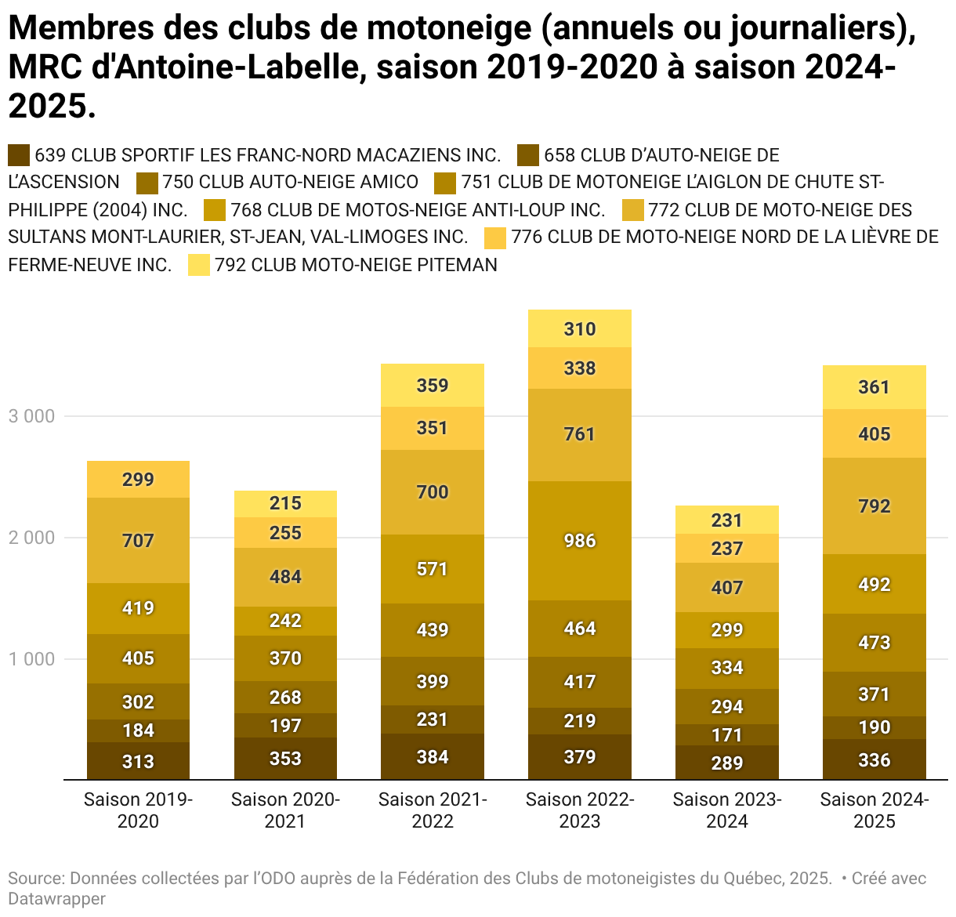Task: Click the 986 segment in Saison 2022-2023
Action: tap(580, 541)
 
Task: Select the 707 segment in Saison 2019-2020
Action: tap(138, 540)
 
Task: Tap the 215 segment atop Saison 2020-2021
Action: tap(285, 503)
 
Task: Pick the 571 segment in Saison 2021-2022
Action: tap(433, 569)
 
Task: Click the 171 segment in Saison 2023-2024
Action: tap(727, 735)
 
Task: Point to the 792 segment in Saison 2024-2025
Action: tap(875, 506)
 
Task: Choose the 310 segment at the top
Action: tap(580, 329)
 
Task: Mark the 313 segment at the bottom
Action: tap(138, 761)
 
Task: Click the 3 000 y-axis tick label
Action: tap(31, 416)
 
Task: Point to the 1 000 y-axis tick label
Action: tap(31, 659)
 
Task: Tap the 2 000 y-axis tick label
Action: tap(31, 538)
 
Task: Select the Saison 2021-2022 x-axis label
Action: tap(433, 810)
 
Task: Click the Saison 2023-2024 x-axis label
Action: tap(727, 810)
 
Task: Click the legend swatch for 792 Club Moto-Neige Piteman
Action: tap(199, 266)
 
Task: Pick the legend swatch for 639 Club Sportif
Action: tap(19, 155)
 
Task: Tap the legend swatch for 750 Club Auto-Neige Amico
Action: tap(147, 183)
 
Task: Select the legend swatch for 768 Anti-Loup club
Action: tap(215, 210)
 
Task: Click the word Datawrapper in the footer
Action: tap(56, 899)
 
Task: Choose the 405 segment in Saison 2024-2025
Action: tap(875, 433)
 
